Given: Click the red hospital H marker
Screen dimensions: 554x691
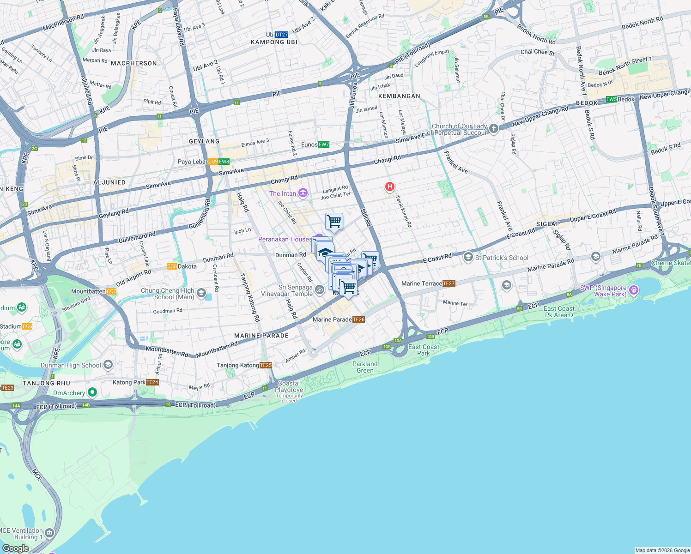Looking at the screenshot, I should pyautogui.click(x=390, y=187).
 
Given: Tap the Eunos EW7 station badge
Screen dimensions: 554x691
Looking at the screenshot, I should pyautogui.click(x=324, y=145).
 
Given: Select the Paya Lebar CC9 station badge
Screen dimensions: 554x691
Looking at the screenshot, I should pyautogui.click(x=213, y=162).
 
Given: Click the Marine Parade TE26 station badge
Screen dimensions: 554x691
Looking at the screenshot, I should pyautogui.click(x=358, y=319).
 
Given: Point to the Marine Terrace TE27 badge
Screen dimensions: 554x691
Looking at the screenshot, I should pyautogui.click(x=449, y=283).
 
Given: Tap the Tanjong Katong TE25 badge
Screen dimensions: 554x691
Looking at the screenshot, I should pyautogui.click(x=266, y=365).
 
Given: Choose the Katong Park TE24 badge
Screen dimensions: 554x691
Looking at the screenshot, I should pyautogui.click(x=152, y=382).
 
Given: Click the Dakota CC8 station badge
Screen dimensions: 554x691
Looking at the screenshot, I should pyautogui.click(x=172, y=266).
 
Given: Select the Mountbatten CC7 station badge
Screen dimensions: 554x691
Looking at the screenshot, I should pyautogui.click(x=111, y=291).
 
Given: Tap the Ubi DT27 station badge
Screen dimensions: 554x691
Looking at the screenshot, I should pyautogui.click(x=282, y=35).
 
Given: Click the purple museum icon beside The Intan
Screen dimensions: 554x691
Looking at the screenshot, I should pyautogui.click(x=303, y=193).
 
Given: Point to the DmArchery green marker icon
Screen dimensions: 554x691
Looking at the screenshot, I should pyautogui.click(x=92, y=392).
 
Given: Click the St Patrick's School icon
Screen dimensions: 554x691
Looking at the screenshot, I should pyautogui.click(x=468, y=257).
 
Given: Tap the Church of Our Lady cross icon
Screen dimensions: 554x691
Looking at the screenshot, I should pyautogui.click(x=494, y=129).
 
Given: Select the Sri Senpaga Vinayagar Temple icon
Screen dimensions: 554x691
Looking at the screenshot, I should pyautogui.click(x=320, y=290).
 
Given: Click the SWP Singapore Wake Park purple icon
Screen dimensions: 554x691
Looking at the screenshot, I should pyautogui.click(x=634, y=290).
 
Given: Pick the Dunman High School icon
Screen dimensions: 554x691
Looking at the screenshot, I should pyautogui.click(x=108, y=365).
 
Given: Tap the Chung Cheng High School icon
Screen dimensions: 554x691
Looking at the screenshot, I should pyautogui.click(x=201, y=293).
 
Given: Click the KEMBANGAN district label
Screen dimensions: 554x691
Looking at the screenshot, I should pyautogui.click(x=399, y=96).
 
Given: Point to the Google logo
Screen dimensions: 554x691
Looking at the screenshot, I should pyautogui.click(x=16, y=548).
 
